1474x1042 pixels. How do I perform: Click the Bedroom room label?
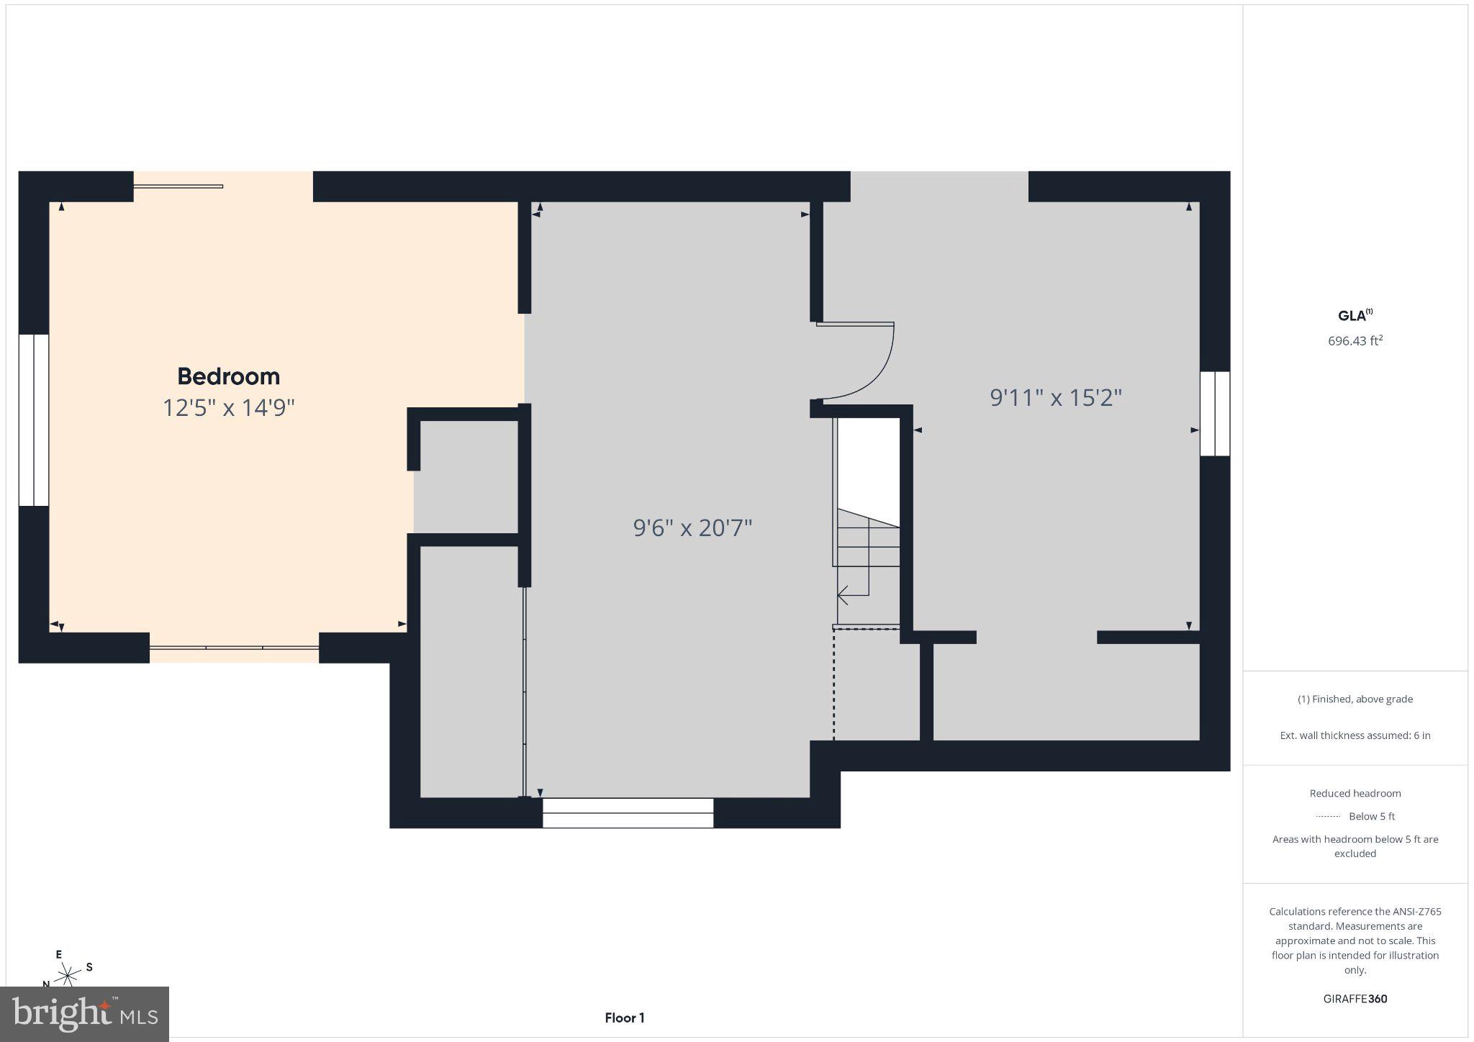click(x=228, y=376)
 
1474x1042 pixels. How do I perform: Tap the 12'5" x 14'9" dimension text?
click(x=229, y=408)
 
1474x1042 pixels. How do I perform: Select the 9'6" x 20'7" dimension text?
click(x=692, y=528)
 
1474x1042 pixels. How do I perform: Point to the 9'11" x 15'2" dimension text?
click(x=1056, y=397)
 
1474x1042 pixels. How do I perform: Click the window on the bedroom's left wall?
click(x=34, y=420)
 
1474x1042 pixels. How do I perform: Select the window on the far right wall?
click(x=1215, y=414)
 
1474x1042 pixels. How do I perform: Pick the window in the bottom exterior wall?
click(x=628, y=813)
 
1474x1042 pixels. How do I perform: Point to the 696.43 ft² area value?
click(x=1355, y=340)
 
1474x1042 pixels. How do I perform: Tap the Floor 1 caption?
click(x=625, y=1018)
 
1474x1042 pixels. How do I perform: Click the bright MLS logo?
click(x=85, y=1013)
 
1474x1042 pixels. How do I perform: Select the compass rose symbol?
click(x=68, y=974)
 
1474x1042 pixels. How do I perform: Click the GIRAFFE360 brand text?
click(x=1355, y=999)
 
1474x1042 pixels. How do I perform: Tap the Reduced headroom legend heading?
click(x=1355, y=793)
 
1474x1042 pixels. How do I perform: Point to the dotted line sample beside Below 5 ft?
click(x=1328, y=816)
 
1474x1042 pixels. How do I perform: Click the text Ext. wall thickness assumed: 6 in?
click(x=1355, y=735)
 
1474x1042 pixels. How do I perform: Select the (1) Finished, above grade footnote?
click(x=1355, y=699)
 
